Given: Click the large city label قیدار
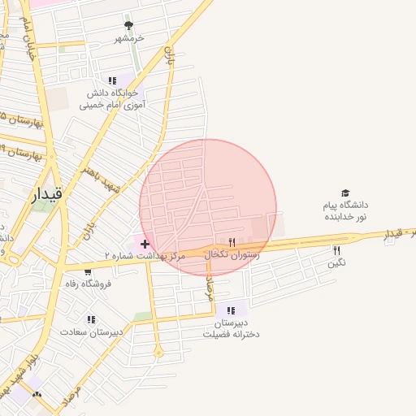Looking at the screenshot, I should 45,194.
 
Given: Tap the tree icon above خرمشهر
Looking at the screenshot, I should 128,26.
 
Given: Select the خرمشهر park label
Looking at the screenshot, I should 128,38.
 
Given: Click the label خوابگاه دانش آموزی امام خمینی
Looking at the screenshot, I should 114,99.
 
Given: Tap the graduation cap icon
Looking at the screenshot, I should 346,193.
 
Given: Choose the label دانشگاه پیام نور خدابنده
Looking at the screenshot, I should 346,211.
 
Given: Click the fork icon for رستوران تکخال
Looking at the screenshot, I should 232,242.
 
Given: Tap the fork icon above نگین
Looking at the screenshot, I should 336,250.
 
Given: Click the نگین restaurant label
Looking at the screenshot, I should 336,263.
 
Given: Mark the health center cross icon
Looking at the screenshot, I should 145,244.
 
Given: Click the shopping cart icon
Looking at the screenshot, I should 88,271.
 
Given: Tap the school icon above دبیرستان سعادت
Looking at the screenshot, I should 91,319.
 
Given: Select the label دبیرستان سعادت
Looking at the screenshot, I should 93,331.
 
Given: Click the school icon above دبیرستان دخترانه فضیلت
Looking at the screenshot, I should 232,310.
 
